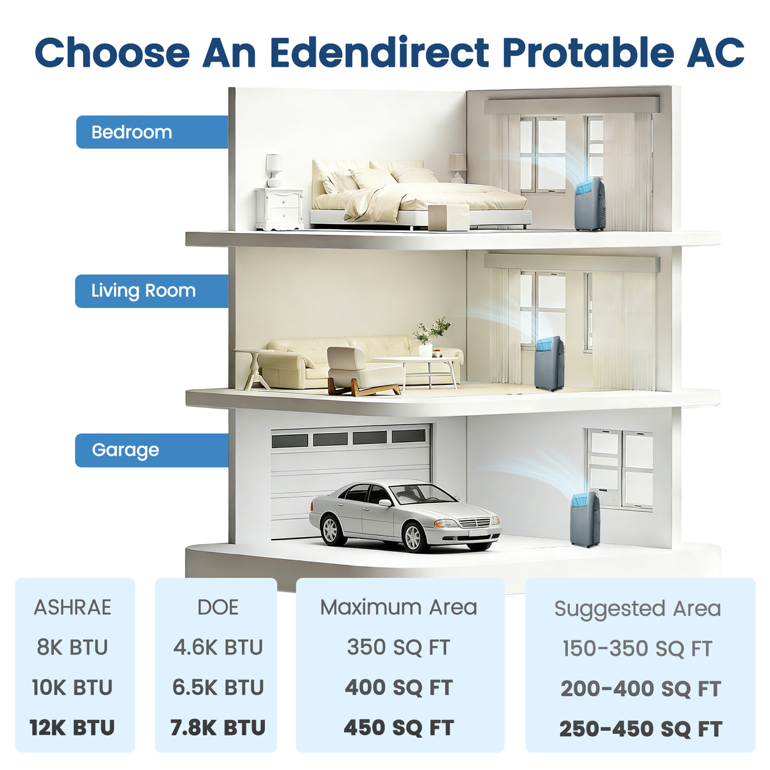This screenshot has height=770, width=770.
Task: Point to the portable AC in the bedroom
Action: [590, 204]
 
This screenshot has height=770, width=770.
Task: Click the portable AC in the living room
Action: [549, 363]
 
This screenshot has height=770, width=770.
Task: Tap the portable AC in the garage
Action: [585, 520]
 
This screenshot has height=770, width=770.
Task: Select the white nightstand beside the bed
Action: [279, 209]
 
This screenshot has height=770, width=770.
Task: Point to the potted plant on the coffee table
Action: [430, 336]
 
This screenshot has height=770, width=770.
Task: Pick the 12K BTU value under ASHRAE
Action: [73, 727]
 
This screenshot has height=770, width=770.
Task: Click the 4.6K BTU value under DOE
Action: [218, 647]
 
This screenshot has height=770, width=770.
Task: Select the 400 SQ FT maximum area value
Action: [398, 687]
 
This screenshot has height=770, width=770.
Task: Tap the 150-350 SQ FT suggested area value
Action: [637, 648]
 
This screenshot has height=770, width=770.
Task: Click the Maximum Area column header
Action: [398, 608]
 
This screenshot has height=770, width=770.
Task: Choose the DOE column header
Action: [218, 608]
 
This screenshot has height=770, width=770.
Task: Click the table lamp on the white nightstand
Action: [274, 171]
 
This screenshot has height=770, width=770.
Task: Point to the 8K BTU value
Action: [73, 647]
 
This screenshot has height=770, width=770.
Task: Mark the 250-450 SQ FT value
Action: [641, 728]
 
